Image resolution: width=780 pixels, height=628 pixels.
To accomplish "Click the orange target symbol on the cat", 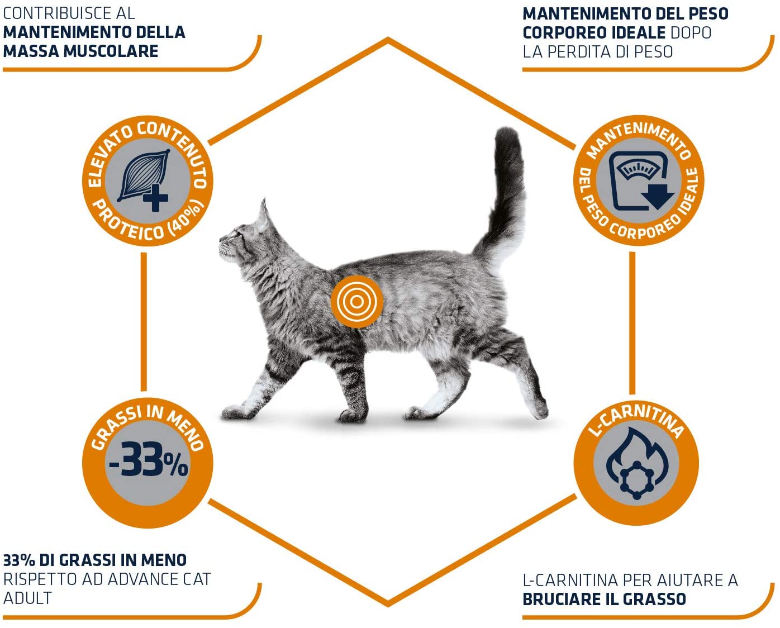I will click(357, 302).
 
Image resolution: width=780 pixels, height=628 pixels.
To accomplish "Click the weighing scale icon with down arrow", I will click(640, 181).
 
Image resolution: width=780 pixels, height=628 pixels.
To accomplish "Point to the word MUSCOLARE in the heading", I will click(112, 51).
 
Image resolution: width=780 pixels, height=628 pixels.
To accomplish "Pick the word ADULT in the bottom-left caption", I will click(27, 598).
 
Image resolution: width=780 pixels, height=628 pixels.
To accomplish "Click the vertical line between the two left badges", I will click(144, 322).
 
